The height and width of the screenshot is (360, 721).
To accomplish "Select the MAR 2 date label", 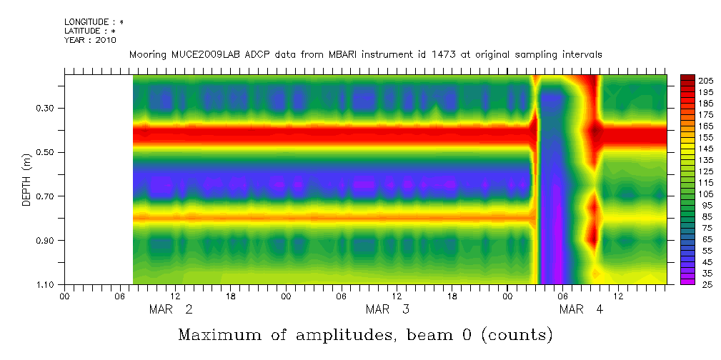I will (170, 309).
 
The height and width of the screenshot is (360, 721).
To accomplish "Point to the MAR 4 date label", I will (581, 309).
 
